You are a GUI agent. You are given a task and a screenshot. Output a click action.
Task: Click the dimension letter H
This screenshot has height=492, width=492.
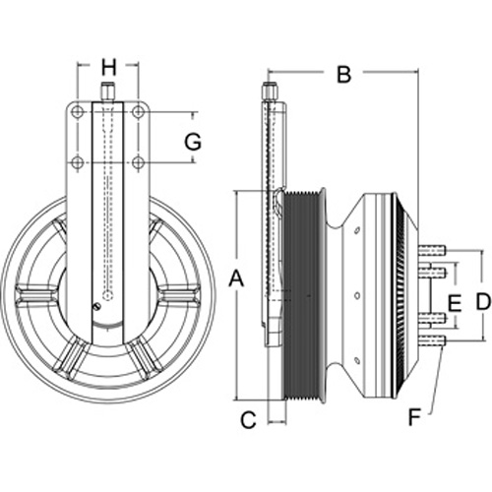pyautogui.click(x=108, y=68)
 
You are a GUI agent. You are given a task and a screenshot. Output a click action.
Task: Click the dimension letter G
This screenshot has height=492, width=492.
pyautogui.click(x=193, y=142)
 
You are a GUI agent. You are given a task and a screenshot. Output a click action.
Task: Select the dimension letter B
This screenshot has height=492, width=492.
pyautogui.click(x=344, y=74)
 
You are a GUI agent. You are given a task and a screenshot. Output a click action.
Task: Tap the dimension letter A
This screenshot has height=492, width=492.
pyautogui.click(x=236, y=278)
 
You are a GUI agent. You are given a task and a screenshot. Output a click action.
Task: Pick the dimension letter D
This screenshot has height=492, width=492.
pyautogui.click(x=482, y=301)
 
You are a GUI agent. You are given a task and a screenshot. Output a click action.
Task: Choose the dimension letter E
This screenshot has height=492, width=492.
pyautogui.click(x=455, y=303)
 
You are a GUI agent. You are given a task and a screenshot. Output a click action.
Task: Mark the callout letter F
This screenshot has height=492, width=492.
pyautogui.click(x=414, y=417)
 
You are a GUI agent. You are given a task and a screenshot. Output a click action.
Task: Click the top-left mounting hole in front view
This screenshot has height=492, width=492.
pyautogui.click(x=78, y=112)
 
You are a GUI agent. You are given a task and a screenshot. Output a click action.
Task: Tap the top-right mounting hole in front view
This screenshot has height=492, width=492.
pyautogui.click(x=138, y=112)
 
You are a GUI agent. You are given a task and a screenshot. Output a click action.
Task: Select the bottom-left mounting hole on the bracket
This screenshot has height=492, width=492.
pyautogui.click(x=78, y=162)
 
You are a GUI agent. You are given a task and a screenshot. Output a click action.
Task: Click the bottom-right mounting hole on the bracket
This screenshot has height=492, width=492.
pyautogui.click(x=138, y=162)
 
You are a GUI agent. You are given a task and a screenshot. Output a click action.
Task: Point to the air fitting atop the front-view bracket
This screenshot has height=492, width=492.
pyautogui.click(x=107, y=92)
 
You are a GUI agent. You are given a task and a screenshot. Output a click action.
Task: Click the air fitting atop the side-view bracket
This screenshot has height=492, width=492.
pyautogui.click(x=270, y=92)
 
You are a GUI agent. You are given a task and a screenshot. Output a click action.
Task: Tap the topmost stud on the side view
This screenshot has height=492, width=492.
pyautogui.click(x=432, y=251)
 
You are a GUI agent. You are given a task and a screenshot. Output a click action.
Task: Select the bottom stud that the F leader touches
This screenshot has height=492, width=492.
pyautogui.click(x=432, y=341)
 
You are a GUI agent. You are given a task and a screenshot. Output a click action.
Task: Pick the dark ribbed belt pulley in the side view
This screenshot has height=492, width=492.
pyautogui.click(x=301, y=295)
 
